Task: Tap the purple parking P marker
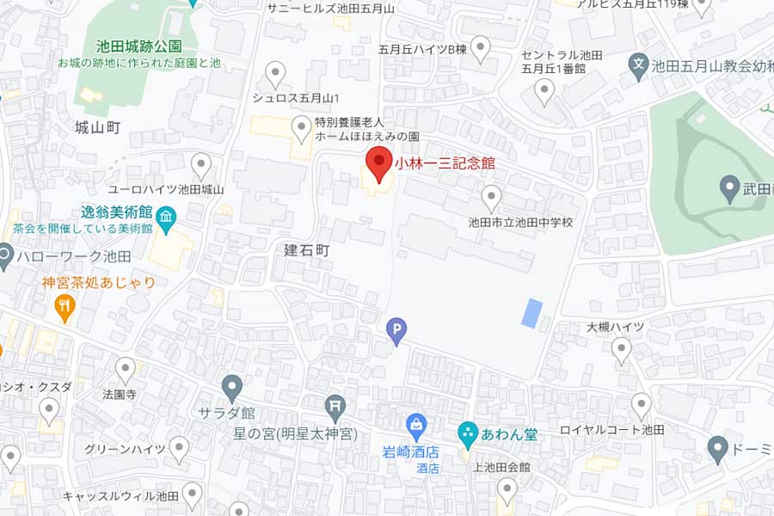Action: pos(396,329)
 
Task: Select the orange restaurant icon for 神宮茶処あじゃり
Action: pos(64,305)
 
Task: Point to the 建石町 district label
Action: pos(306,250)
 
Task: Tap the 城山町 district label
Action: pos(97,127)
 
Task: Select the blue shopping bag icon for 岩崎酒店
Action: pos(416,424)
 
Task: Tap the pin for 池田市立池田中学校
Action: pos(491,197)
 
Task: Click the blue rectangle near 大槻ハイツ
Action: pos(532,312)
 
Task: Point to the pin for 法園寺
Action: pos(126,370)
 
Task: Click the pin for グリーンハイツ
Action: pos(179,446)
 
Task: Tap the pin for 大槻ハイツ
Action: pos(621,348)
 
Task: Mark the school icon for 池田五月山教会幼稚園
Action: pos(638,64)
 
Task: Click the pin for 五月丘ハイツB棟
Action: pos(481,47)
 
